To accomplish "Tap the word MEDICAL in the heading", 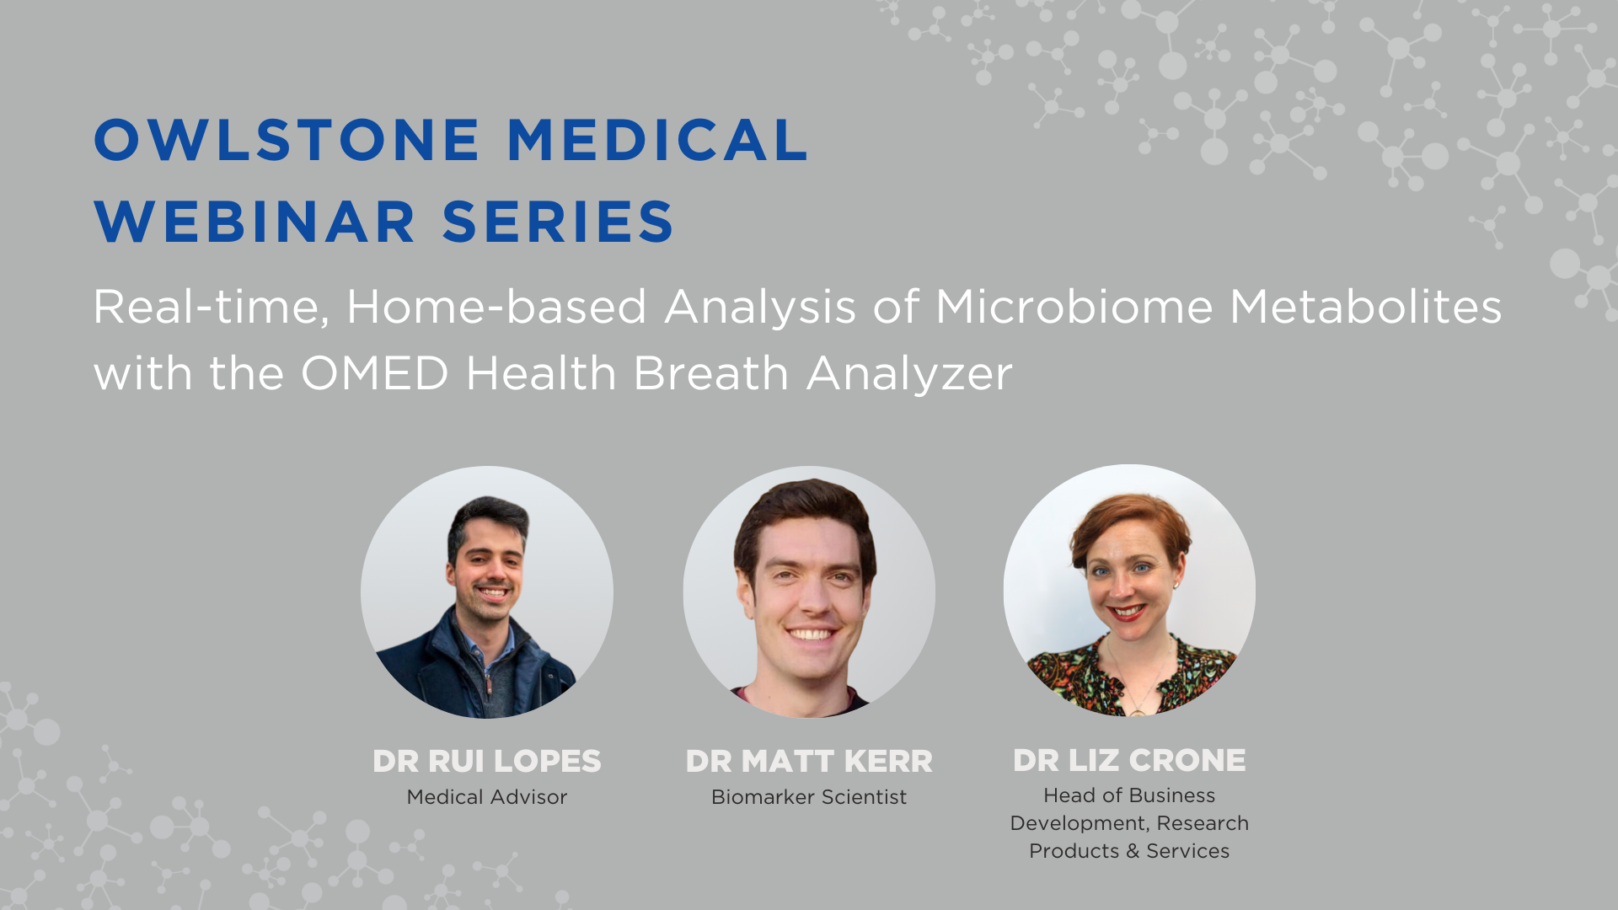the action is (x=658, y=140).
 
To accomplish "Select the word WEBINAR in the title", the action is (x=255, y=222).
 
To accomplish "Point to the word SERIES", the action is (x=558, y=222).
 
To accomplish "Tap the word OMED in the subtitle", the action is (x=375, y=372).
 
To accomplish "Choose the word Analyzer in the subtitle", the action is (x=909, y=374).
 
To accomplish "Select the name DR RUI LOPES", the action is (x=487, y=762).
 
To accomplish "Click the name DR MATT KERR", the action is (x=809, y=762).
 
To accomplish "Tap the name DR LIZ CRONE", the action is (x=1129, y=761).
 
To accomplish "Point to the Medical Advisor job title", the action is (x=487, y=797).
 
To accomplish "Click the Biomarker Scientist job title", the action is (x=809, y=797).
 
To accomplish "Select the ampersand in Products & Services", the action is (x=1133, y=851).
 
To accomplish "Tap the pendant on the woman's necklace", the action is (x=1138, y=709).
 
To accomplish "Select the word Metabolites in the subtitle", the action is (x=1366, y=306).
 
